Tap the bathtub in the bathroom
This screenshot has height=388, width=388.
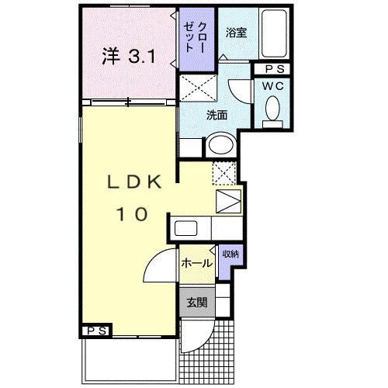274,33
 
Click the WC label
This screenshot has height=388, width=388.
272,86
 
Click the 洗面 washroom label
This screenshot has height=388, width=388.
217,115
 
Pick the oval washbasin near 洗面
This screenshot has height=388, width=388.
222,144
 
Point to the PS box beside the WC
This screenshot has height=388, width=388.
272,69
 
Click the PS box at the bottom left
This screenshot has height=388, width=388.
96,330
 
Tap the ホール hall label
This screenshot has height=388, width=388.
197,263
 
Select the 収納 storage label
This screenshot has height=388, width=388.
230,255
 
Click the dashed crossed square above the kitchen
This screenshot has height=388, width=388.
223,172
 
